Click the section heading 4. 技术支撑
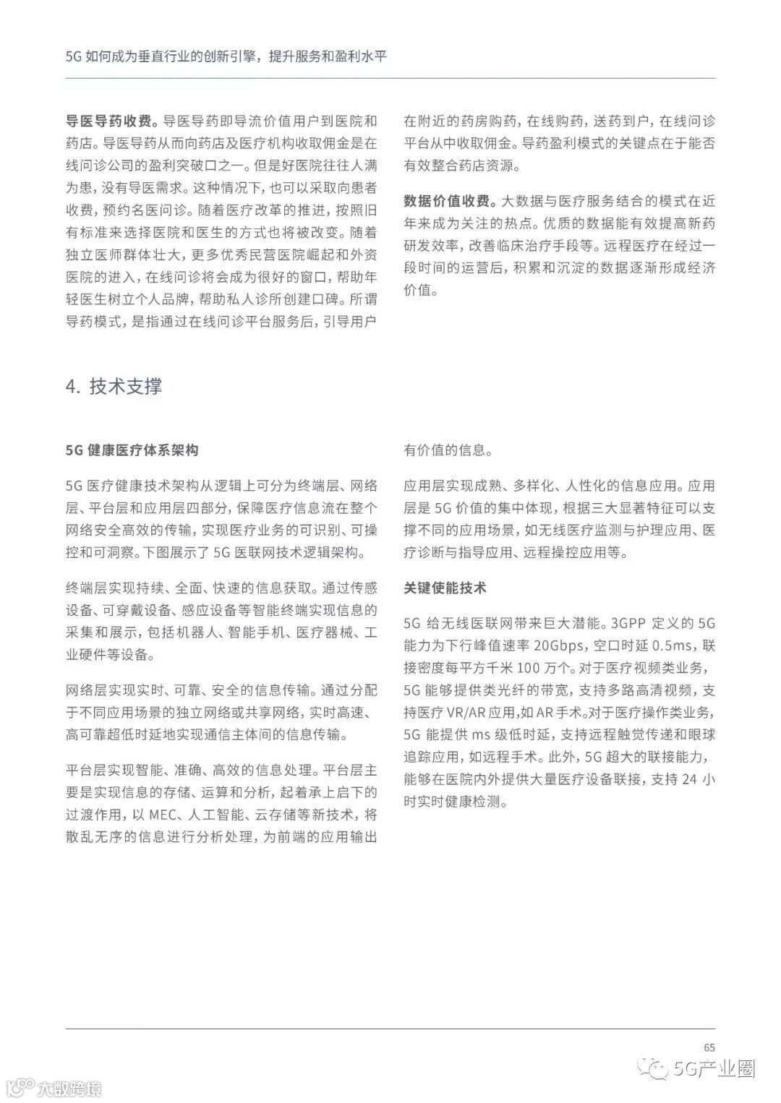coord(114,386)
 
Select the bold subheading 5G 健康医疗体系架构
coord(132,450)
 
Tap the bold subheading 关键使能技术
coord(445,588)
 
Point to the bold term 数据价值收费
coord(448,200)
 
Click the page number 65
coord(709,1047)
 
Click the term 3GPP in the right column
coord(631,623)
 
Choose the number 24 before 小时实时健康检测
coord(689,779)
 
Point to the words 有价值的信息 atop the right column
coord(448,450)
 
